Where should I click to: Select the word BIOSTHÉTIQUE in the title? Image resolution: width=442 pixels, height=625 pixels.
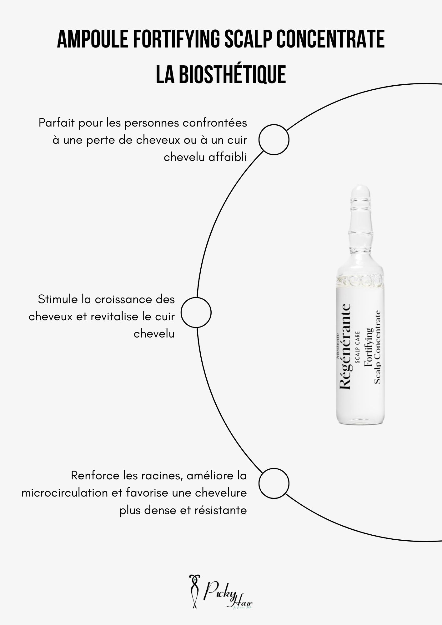[x=232, y=75]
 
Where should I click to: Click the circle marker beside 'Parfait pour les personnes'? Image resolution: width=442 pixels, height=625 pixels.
[x=274, y=139]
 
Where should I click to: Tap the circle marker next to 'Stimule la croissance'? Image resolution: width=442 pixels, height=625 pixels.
[x=196, y=312]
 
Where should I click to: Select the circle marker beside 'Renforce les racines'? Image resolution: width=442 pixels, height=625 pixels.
[x=274, y=483]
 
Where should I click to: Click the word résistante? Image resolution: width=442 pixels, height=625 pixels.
[x=221, y=510]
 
